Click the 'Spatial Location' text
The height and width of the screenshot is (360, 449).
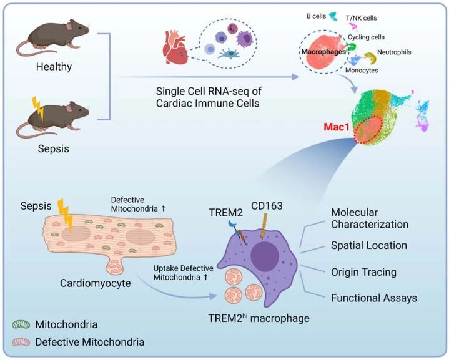coord(370,246)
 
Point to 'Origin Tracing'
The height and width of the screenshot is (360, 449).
coord(364,272)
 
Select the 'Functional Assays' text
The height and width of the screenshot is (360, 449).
coord(373,298)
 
